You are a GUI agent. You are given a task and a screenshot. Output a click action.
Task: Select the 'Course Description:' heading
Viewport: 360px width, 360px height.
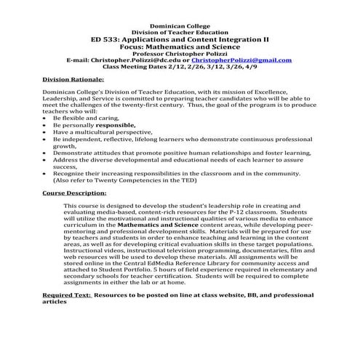tap(74, 193)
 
